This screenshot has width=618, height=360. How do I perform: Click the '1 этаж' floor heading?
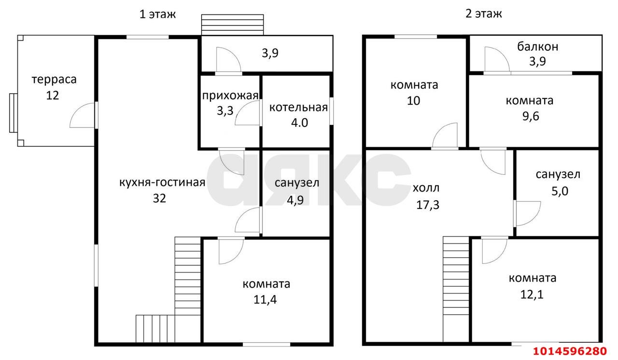click(157, 14)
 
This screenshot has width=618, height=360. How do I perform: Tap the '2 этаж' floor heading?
click(484, 14)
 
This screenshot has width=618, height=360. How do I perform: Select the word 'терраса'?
click(54, 80)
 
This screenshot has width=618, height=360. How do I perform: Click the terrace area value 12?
click(53, 96)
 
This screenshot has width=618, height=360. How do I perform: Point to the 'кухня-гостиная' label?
click(162, 182)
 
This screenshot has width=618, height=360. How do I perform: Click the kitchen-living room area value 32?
click(159, 198)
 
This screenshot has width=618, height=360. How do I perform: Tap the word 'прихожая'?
click(230, 96)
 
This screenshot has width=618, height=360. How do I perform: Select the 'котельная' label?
click(298, 108)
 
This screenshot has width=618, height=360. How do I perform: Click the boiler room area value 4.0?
click(299, 123)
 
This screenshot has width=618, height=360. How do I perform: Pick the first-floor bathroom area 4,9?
click(295, 200)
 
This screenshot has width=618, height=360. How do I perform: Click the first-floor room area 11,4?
click(265, 300)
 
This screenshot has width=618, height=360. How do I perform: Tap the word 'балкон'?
click(537, 47)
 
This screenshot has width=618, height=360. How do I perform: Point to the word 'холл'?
click(426, 188)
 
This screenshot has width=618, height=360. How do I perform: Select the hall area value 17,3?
click(428, 205)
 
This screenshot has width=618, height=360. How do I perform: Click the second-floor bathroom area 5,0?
click(560, 191)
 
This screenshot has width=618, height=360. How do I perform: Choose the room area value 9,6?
click(531, 116)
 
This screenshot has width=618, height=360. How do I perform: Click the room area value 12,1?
click(532, 295)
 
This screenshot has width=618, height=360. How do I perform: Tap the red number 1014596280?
click(570, 351)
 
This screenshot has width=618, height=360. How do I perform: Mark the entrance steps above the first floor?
click(232, 25)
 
